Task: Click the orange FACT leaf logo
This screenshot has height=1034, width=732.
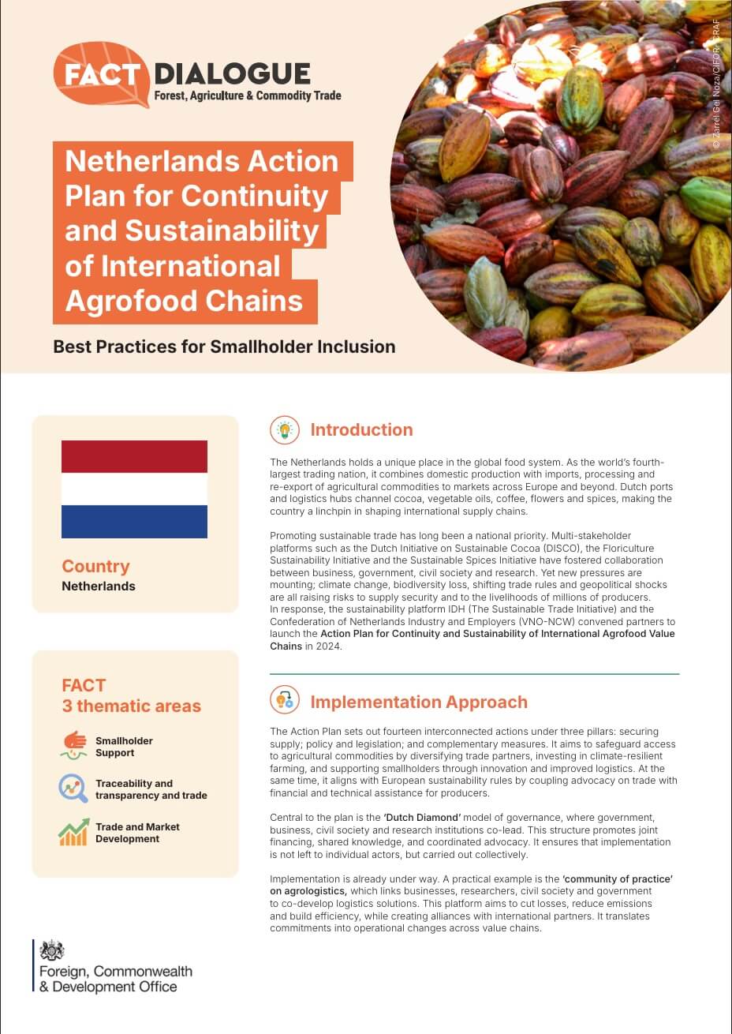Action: (x=100, y=75)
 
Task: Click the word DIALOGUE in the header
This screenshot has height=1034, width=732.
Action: (x=232, y=73)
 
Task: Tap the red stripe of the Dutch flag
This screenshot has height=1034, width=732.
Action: (x=134, y=456)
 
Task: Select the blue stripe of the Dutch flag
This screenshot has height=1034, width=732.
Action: (x=134, y=522)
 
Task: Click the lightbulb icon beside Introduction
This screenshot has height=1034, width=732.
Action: (x=285, y=429)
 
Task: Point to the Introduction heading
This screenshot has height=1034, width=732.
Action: (x=361, y=429)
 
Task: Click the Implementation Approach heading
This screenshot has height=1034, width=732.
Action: (x=418, y=702)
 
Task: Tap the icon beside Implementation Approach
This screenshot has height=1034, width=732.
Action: (x=285, y=701)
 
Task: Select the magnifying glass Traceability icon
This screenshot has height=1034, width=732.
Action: (x=73, y=789)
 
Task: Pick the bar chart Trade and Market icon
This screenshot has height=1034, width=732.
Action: (x=73, y=832)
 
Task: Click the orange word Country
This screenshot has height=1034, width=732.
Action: (x=95, y=566)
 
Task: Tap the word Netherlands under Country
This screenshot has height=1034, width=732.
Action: (x=99, y=586)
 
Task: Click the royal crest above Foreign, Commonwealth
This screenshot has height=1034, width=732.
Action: (x=52, y=950)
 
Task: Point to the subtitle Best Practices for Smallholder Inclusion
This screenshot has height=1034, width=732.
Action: (x=224, y=347)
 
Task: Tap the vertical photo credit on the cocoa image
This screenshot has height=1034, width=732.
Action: (x=715, y=84)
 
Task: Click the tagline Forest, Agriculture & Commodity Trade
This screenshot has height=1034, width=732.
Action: (x=248, y=96)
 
